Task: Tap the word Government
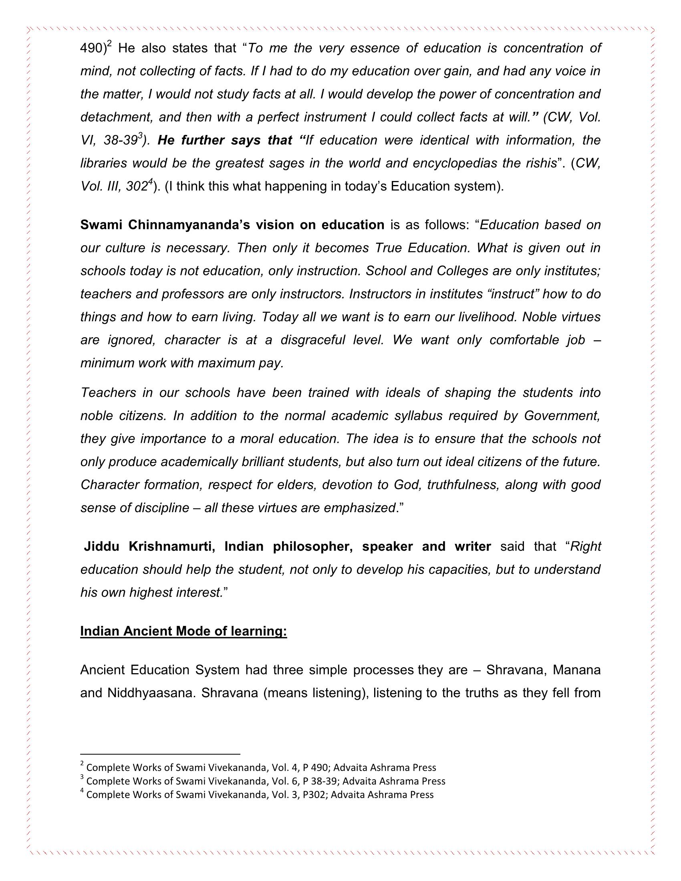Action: point(562,416)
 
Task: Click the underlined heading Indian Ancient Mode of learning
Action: point(183,631)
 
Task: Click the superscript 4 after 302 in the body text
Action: point(150,182)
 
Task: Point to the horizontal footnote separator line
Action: point(160,754)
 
